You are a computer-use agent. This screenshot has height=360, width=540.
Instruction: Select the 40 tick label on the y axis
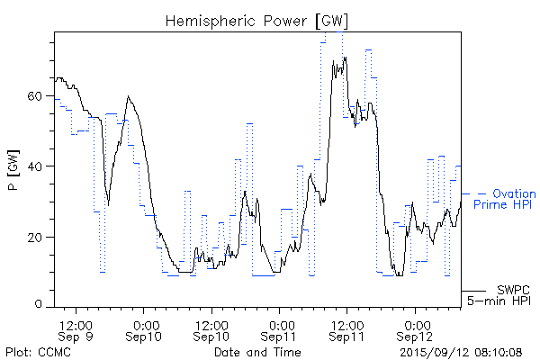(37, 166)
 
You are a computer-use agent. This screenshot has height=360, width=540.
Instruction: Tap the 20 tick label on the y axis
(37, 237)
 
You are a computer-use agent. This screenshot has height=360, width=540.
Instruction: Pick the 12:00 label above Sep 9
(76, 323)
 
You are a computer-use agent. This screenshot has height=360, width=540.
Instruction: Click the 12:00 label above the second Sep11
(347, 323)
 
